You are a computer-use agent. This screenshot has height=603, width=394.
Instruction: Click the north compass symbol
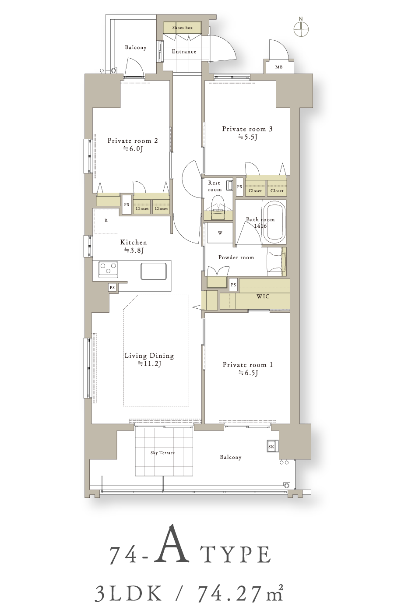(x=301, y=27)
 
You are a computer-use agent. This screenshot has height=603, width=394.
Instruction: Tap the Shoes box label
(x=182, y=28)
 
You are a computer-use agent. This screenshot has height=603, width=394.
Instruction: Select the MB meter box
(x=279, y=67)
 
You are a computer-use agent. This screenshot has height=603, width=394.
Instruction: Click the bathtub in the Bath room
(x=274, y=222)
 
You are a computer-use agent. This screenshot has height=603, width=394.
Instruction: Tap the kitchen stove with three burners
(x=108, y=269)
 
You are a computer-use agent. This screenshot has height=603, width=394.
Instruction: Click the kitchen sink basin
(x=153, y=271)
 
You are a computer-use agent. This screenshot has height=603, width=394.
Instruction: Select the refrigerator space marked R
(x=106, y=221)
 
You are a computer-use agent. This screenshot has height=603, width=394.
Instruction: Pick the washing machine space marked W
(x=220, y=233)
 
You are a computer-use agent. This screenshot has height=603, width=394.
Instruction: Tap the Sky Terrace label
(x=162, y=453)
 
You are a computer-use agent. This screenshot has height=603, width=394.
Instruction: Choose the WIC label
(x=263, y=296)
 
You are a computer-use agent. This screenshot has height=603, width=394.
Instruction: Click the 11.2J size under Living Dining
(x=149, y=364)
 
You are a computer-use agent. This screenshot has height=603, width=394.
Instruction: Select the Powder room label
(x=236, y=257)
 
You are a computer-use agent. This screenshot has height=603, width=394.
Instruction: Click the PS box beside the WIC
(x=233, y=285)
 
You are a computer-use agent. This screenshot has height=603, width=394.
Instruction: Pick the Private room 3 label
(x=247, y=129)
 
